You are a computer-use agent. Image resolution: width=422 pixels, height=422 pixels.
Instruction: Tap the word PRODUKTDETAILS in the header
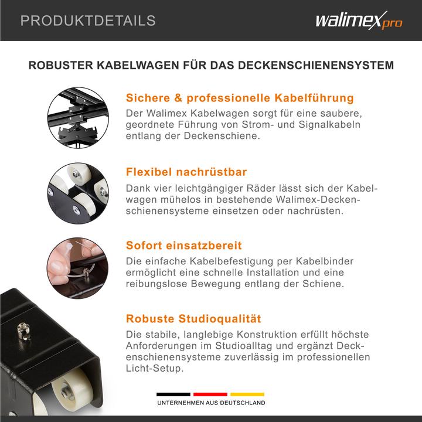coord(88,21)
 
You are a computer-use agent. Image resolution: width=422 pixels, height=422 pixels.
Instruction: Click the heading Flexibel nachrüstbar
coord(186,172)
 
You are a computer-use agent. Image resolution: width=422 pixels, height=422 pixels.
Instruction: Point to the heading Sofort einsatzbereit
coord(184,245)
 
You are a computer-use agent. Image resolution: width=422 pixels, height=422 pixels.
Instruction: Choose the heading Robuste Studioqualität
coord(193,319)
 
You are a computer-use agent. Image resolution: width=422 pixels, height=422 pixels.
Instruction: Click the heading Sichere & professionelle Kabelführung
coord(240,97)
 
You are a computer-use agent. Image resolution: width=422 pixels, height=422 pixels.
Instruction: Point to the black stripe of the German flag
coord(173,394)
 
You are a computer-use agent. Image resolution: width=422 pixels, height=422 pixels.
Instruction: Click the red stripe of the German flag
coord(210,394)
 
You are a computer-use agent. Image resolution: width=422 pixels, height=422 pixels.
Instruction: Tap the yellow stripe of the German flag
coord(247,394)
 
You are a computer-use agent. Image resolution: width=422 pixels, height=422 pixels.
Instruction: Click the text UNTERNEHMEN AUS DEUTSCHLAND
coord(210,403)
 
